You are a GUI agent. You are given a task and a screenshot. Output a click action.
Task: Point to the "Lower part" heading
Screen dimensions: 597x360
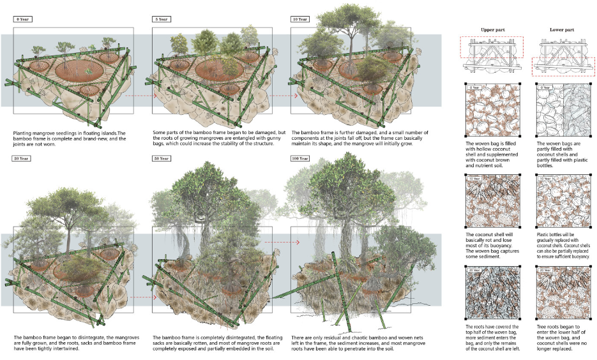click(560, 30)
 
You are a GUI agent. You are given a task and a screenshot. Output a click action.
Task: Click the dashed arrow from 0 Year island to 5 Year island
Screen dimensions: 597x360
click(139, 95)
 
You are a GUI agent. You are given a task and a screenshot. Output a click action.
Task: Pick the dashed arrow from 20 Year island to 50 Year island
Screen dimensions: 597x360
click(139, 297)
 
